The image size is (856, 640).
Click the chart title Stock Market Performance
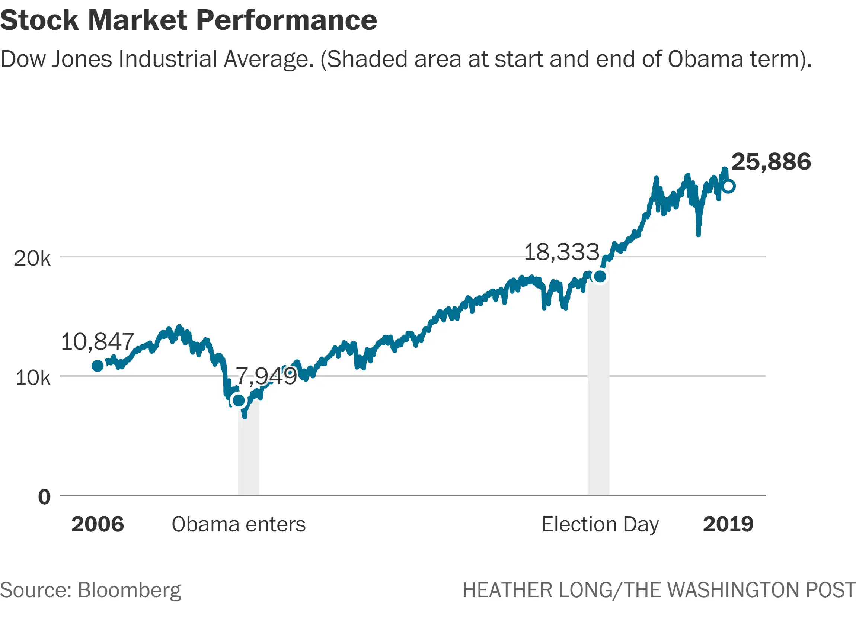pyautogui.click(x=188, y=20)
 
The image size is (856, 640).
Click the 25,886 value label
pyautogui.click(x=770, y=162)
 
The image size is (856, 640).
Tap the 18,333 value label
pyautogui.click(x=562, y=252)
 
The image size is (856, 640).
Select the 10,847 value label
pyautogui.click(x=97, y=341)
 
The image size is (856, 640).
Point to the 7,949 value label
pyautogui.click(x=266, y=376)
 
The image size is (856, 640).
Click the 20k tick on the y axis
pyautogui.click(x=32, y=258)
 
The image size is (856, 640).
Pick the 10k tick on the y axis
pyautogui.click(x=33, y=378)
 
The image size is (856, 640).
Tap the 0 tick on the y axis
pyautogui.click(x=44, y=497)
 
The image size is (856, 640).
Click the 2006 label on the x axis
pyautogui.click(x=98, y=524)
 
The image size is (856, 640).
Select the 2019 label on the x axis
pyautogui.click(x=728, y=524)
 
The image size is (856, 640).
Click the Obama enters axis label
pyautogui.click(x=239, y=524)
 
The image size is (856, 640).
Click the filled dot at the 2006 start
pyautogui.click(x=98, y=366)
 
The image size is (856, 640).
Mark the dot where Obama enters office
pyautogui.click(x=239, y=400)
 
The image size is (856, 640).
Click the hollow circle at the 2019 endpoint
pyautogui.click(x=728, y=186)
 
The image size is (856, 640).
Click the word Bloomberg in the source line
pyautogui.click(x=129, y=591)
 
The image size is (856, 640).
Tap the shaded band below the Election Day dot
pyautogui.click(x=598, y=387)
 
